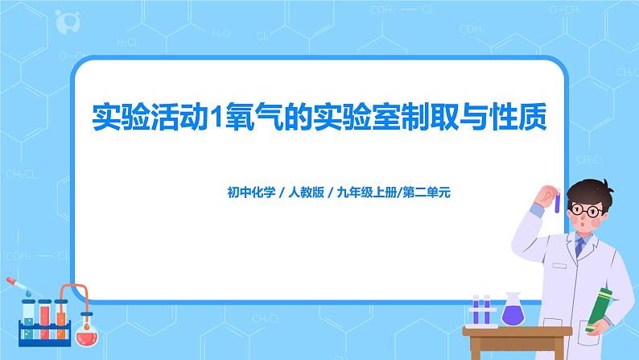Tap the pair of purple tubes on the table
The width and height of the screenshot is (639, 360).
[481, 310]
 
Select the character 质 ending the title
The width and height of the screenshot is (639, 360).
[530, 118]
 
